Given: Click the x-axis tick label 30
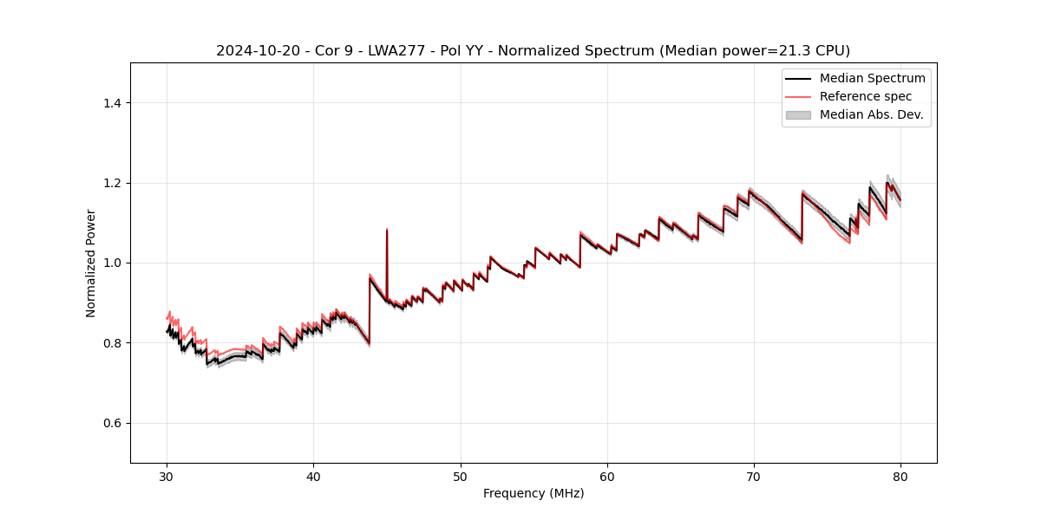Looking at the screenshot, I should [167, 476].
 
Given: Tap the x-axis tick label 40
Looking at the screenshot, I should [313, 476].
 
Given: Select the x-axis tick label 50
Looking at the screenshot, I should [461, 476].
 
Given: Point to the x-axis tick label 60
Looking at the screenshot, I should [607, 476].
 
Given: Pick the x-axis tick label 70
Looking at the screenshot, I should [754, 476].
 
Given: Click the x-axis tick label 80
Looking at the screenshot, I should [900, 476].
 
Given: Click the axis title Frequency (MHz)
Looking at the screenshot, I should [534, 493].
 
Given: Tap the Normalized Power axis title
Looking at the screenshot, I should [91, 263].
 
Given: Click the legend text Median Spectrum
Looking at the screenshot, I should [872, 78].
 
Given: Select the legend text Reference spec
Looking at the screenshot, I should [866, 96].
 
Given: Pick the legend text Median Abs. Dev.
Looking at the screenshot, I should [872, 114].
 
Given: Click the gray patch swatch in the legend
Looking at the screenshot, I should [798, 114].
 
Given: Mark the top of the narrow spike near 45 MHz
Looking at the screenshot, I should [387, 230].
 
